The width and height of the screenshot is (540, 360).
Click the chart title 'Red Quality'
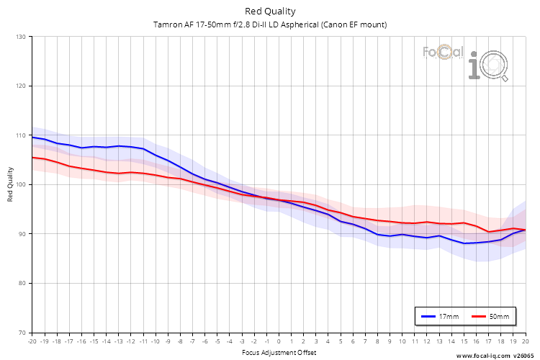click(x=270, y=11)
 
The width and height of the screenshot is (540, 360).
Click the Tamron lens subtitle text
click(x=270, y=24)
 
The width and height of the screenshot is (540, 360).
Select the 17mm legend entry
click(x=440, y=316)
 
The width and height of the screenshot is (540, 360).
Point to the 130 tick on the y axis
click(x=20, y=37)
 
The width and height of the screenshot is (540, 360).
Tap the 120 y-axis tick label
click(x=20, y=86)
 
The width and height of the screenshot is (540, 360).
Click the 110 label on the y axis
click(x=20, y=135)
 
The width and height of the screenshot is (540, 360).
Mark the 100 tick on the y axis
click(x=20, y=185)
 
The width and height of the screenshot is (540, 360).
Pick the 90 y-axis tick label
click(x=22, y=234)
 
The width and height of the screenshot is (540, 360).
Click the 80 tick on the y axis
click(x=22, y=284)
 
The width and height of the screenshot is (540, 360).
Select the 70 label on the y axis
click(x=22, y=333)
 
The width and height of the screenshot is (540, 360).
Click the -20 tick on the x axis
click(x=32, y=341)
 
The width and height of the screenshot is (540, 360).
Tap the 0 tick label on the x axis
click(x=279, y=341)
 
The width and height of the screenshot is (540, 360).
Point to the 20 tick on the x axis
click(x=525, y=341)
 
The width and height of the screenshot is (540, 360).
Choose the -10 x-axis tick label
click(x=156, y=341)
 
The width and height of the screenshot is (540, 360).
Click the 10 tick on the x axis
click(x=402, y=341)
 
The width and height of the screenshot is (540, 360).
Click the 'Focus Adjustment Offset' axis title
click(x=279, y=352)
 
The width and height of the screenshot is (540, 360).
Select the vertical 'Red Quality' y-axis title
click(x=10, y=185)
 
